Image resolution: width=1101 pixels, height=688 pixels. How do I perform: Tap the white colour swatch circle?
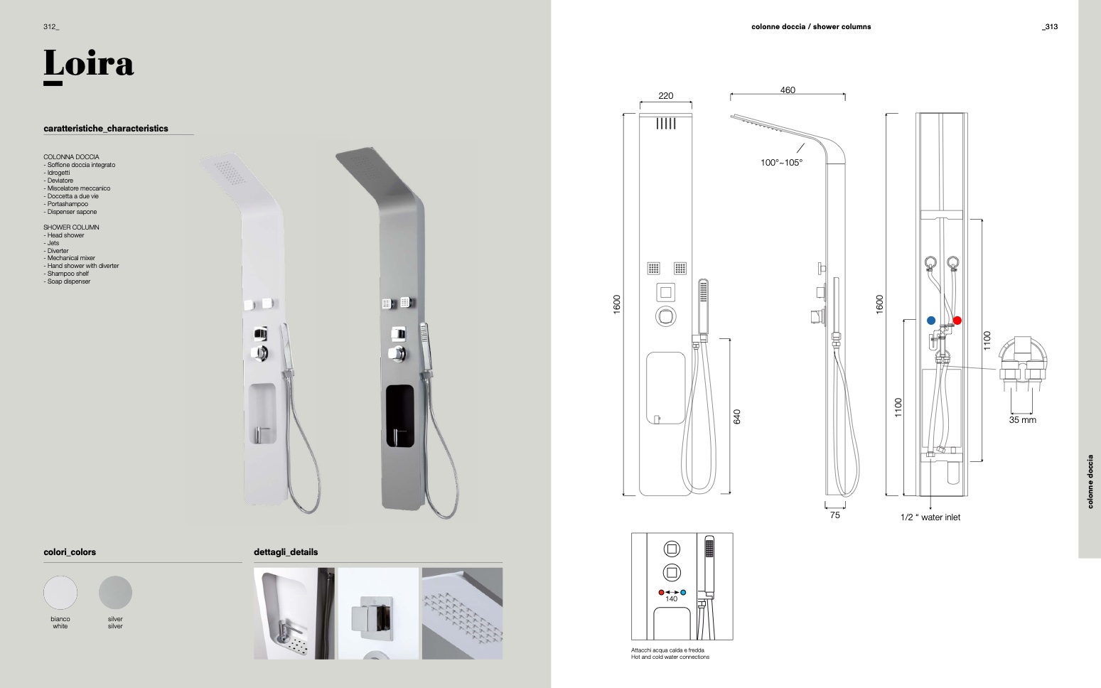[60, 592]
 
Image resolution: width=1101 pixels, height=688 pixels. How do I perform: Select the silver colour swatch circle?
[115, 592]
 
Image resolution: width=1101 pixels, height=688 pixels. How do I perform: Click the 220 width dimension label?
[665, 96]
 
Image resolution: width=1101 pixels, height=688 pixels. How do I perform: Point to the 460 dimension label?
[788, 90]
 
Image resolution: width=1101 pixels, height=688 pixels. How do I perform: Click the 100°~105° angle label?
[781, 163]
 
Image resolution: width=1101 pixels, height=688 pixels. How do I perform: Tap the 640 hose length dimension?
[737, 416]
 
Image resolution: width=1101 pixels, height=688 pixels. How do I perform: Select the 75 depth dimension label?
[834, 515]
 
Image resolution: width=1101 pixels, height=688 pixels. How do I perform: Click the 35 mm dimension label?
[1022, 420]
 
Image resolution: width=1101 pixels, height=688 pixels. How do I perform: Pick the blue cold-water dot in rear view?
[931, 321]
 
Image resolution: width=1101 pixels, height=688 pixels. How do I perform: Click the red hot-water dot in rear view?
[957, 321]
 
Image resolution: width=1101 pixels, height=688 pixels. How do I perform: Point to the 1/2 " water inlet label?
[930, 517]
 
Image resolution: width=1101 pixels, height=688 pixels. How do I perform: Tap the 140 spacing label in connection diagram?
[671, 599]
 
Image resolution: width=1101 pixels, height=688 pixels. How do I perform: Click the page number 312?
[50, 27]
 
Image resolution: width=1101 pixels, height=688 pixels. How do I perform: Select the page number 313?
[1050, 27]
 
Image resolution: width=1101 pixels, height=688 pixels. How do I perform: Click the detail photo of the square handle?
[378, 613]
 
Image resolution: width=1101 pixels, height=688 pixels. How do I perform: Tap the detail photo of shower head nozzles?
[462, 613]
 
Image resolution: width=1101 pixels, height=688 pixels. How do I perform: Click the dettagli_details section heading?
[286, 552]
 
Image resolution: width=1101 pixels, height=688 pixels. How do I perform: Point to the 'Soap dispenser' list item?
[68, 281]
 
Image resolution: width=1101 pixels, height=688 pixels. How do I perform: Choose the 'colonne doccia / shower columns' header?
[811, 27]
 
